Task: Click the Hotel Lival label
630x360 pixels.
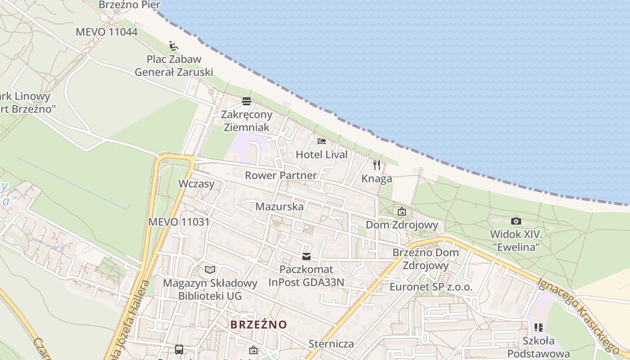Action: coord(321,155)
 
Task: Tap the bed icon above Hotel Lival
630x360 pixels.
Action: coord(321,141)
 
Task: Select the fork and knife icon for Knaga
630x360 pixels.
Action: coord(377,165)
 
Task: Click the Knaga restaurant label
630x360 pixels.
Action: coord(377,179)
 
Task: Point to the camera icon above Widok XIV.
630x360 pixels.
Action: coord(516,221)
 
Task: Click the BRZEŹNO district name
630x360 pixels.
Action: coord(259,324)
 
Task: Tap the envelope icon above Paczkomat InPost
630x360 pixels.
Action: coord(306,256)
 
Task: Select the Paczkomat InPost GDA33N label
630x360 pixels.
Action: coord(306,276)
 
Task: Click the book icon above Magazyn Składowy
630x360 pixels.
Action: coord(210,270)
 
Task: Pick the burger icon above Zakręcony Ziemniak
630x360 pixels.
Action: coord(246,101)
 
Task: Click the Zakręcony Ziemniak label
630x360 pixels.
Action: coord(246,121)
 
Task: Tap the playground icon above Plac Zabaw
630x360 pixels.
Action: coord(174,46)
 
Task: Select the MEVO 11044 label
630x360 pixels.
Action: coord(107,32)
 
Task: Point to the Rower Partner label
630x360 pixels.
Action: coord(281,175)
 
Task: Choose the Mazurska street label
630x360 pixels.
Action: coord(279,207)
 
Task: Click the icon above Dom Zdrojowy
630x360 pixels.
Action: coord(401,211)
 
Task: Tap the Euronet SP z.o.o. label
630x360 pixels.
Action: coord(431,287)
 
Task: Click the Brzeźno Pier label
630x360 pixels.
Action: coord(130,4)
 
